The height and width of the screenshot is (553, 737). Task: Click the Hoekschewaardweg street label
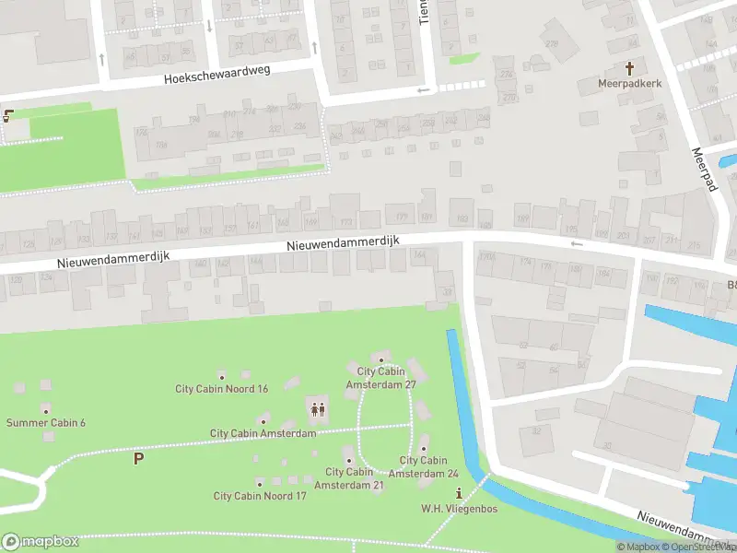(x=217, y=75)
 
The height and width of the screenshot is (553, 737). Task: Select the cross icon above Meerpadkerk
(x=631, y=68)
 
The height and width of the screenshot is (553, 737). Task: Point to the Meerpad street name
(x=703, y=169)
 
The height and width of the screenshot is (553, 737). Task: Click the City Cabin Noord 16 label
(x=222, y=388)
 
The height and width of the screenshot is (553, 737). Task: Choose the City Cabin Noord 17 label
(x=260, y=495)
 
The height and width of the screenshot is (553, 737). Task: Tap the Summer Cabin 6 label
(x=46, y=422)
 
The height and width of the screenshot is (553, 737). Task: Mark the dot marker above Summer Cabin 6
(x=46, y=409)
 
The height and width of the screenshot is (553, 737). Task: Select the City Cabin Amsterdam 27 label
(x=381, y=378)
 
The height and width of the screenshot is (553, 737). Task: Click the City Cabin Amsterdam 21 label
(x=349, y=478)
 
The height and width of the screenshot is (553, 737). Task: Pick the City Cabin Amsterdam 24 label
(x=423, y=466)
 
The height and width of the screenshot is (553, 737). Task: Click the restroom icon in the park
(x=317, y=409)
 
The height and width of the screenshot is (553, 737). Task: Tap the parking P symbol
(x=139, y=457)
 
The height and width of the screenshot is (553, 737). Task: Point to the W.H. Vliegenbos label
(x=458, y=508)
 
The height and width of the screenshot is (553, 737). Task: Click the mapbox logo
(x=41, y=542)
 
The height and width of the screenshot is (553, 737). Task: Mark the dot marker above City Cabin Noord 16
(x=222, y=375)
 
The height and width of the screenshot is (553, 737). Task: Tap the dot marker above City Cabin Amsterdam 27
(x=381, y=359)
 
